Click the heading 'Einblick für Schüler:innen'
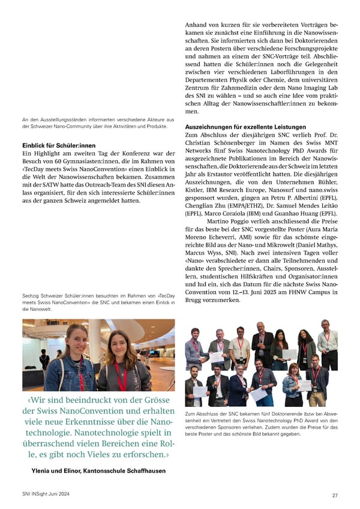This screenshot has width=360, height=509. coord(58,146)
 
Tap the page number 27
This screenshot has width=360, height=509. coord(334,495)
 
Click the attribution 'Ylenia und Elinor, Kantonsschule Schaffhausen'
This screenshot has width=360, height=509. coord(99,471)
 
